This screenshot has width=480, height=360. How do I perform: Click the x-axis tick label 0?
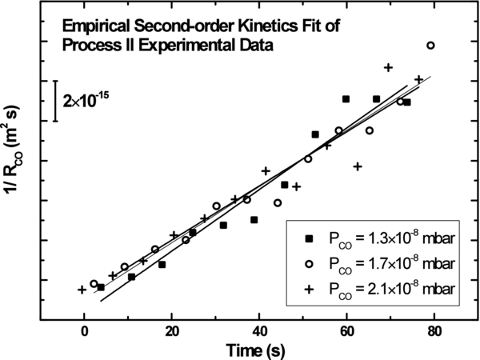point(84,325)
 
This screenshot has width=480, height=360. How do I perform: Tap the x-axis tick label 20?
point(171,325)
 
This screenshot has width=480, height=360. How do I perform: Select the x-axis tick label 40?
point(259,325)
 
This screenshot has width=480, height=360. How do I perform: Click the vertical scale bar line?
point(54,101)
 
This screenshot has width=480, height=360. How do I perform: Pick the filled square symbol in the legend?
point(310,238)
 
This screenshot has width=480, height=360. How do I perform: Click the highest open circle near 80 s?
point(430,46)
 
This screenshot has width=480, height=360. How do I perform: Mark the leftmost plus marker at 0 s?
point(82,290)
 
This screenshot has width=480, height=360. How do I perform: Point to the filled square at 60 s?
point(346,99)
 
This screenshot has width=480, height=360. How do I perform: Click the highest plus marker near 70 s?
point(388,67)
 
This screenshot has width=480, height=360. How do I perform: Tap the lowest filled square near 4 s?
point(101,287)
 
